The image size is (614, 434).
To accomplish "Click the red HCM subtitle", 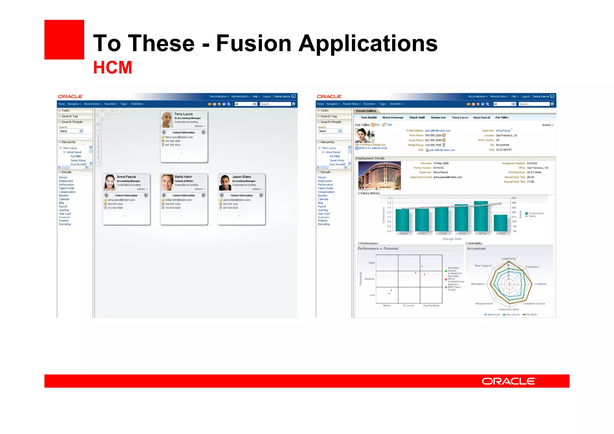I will click(112, 67).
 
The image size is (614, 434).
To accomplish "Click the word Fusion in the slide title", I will click(254, 43).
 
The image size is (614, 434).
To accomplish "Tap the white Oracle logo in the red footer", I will click(508, 381).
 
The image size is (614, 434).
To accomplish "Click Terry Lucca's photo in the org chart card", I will click(167, 119).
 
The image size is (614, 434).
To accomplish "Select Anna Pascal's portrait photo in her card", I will click(109, 182).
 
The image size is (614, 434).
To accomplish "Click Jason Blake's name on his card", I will click(241, 177).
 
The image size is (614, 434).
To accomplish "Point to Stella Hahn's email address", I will click(178, 200).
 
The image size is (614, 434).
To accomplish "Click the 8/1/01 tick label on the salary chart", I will click(422, 234).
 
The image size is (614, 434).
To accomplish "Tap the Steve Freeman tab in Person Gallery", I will click(392, 118).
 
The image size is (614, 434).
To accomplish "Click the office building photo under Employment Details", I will click(380, 175).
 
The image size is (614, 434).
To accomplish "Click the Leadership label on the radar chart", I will click(509, 259).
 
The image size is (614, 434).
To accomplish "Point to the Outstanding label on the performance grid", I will click(431, 305).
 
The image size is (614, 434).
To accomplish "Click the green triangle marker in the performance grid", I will click(422, 266).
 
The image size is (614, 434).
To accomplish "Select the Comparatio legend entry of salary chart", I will click(536, 213).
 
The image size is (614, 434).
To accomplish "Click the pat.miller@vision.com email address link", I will click(438, 130).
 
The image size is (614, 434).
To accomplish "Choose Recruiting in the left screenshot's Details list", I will click(65, 224).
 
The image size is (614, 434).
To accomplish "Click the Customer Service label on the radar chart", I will click(534, 304).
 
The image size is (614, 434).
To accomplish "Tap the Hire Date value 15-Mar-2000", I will click(441, 163).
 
